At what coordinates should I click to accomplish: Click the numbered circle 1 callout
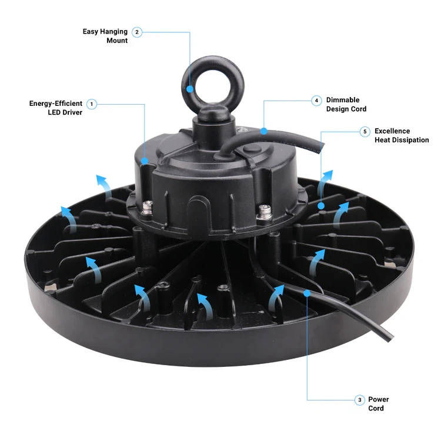92,104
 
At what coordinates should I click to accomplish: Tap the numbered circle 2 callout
137,32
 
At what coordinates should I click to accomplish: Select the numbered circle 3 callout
360,400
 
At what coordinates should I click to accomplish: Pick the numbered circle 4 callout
317,101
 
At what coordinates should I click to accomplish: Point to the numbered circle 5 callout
365,132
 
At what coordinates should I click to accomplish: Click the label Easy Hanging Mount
105,36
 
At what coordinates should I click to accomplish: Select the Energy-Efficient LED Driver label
56,108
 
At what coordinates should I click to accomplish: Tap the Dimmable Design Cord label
346,104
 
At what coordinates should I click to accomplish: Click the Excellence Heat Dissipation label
402,135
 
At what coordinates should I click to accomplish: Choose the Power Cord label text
378,403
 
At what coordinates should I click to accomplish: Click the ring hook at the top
203,82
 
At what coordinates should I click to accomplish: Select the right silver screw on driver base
263,210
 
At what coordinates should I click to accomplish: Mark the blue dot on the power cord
307,292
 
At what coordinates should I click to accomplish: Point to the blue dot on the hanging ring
191,90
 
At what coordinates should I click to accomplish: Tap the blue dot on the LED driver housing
145,160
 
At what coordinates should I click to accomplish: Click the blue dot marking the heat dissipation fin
321,206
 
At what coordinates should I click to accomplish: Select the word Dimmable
343,100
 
